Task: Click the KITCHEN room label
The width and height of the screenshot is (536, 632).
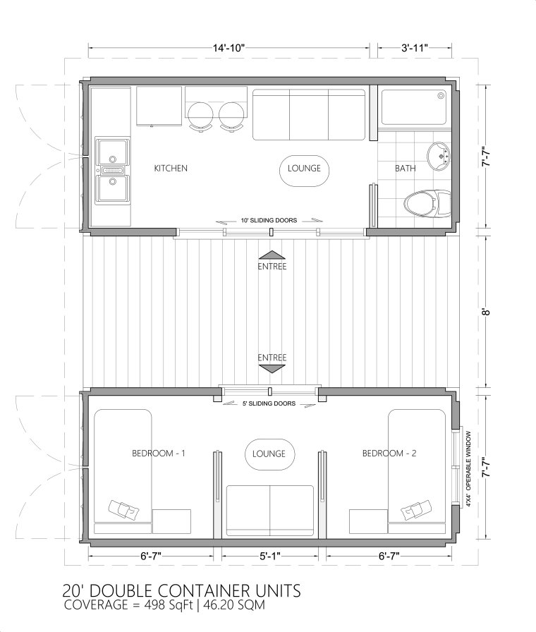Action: click(x=171, y=169)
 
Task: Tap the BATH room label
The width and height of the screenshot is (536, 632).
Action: click(x=405, y=169)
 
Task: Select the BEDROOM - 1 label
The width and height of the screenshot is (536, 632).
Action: click(x=158, y=454)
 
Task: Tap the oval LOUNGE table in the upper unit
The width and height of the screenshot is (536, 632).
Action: click(x=304, y=169)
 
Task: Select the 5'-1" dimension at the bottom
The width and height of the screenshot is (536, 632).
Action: click(x=269, y=556)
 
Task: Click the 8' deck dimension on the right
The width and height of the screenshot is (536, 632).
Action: click(x=485, y=310)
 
